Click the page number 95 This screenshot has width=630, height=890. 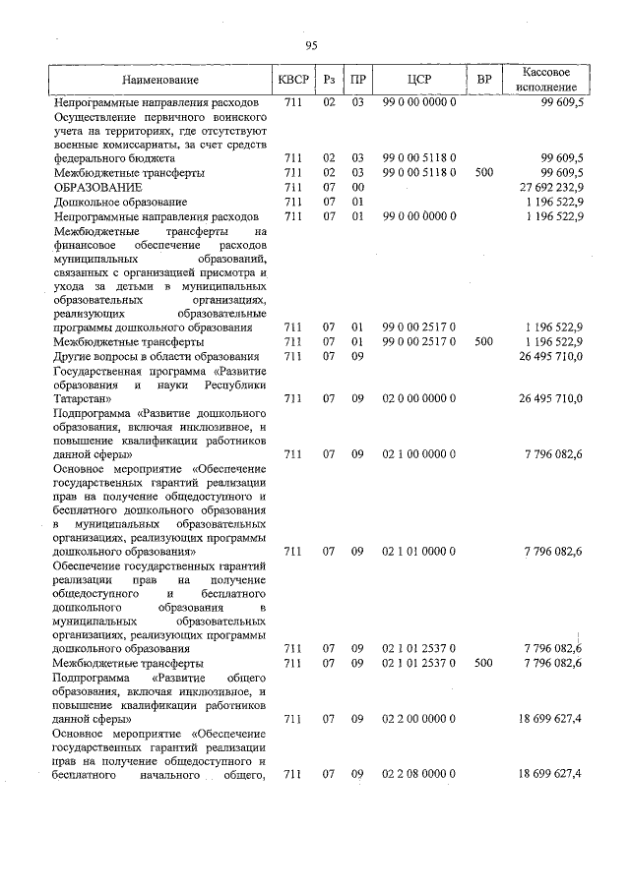[x=312, y=44]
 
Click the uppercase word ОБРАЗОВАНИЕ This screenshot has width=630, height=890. [x=98, y=187]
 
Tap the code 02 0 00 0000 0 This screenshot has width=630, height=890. [x=419, y=398]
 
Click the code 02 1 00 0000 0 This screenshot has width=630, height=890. [x=419, y=454]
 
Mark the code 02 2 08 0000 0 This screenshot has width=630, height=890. [x=419, y=775]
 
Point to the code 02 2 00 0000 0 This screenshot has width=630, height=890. [x=419, y=719]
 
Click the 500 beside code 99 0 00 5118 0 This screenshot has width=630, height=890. [x=483, y=172]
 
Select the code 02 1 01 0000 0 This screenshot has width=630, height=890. [x=419, y=552]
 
